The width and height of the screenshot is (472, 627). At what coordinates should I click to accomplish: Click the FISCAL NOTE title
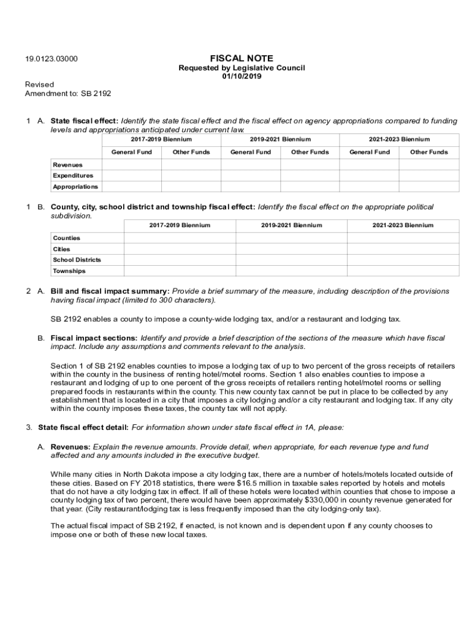click(242, 58)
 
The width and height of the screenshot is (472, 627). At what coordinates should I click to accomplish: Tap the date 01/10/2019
click(242, 77)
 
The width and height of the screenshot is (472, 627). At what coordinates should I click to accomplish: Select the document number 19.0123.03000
click(51, 59)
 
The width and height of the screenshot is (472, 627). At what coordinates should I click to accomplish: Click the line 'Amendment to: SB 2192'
click(67, 94)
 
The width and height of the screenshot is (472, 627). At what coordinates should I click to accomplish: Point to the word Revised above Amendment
click(39, 84)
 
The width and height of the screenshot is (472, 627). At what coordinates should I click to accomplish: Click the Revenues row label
click(67, 165)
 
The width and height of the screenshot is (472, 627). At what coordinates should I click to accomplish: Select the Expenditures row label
click(73, 176)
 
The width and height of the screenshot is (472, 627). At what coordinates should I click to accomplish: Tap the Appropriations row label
click(75, 187)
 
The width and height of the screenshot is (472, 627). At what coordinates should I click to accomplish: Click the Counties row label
click(66, 238)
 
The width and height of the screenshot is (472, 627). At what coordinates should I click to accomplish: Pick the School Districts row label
click(77, 260)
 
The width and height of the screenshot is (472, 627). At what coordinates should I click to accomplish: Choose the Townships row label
click(69, 271)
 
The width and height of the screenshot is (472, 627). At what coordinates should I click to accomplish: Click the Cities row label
click(61, 249)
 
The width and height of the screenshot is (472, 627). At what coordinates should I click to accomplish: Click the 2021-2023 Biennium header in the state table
click(399, 139)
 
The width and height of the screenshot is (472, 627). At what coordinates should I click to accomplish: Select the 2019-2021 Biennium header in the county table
click(291, 225)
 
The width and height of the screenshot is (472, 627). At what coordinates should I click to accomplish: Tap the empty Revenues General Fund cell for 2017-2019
click(131, 165)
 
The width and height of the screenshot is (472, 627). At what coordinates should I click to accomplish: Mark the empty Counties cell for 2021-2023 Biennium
click(403, 238)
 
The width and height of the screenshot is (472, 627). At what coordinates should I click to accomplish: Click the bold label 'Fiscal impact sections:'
click(94, 338)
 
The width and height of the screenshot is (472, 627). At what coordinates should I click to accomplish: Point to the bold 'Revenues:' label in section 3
click(70, 447)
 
